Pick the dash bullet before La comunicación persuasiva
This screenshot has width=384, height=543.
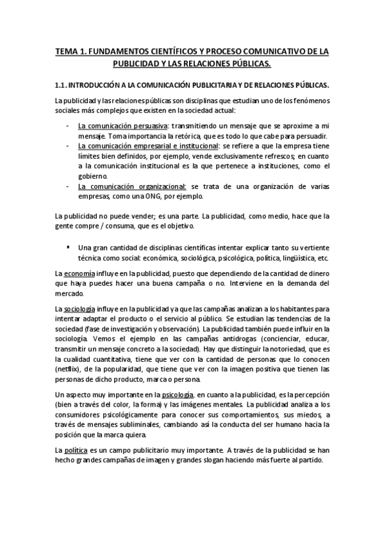pyautogui.click(x=69, y=126)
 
